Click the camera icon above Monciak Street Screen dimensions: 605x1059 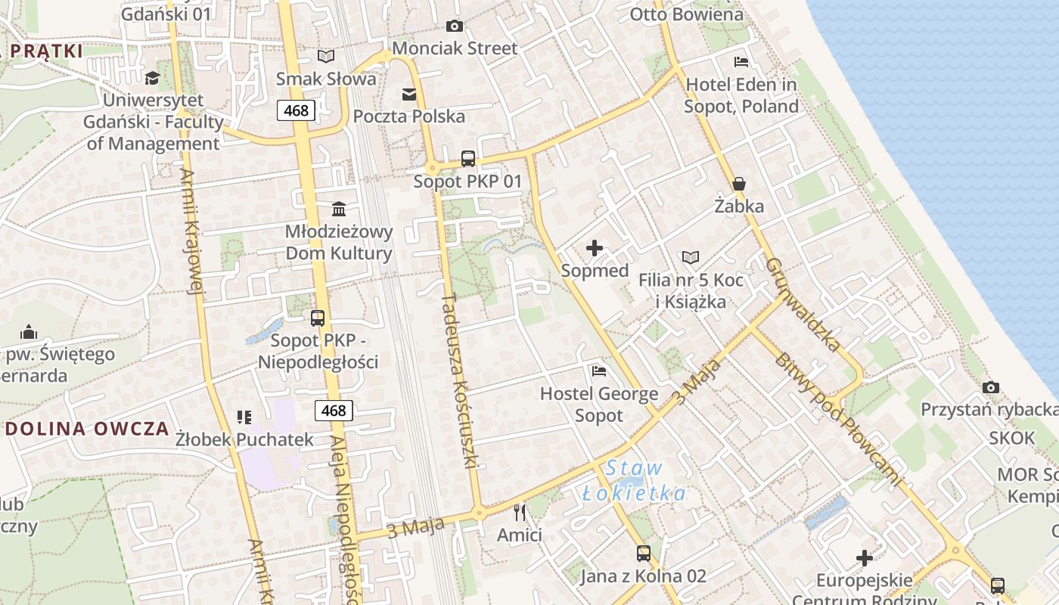[454, 26]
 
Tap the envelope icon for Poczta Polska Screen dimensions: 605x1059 [409, 94]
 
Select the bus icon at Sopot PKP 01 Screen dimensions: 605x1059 [468, 159]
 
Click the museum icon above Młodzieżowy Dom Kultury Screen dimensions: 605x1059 [339, 209]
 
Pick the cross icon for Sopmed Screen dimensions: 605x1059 [595, 248]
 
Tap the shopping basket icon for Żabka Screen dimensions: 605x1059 [739, 184]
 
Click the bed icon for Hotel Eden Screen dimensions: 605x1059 [741, 61]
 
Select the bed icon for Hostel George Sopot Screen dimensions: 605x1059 [599, 371]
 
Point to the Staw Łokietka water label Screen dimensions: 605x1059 [635, 482]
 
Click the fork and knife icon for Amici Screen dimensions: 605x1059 [520, 513]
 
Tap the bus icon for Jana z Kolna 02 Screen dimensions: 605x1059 [643, 554]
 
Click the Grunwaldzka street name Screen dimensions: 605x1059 [803, 304]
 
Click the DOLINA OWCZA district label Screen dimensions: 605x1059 [87, 429]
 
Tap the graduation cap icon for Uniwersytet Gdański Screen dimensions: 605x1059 [153, 78]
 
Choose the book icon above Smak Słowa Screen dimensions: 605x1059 [326, 56]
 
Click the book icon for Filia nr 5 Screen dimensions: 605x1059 [691, 258]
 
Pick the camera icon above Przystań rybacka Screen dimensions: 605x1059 [991, 388]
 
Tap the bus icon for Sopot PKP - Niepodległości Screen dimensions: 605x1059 [318, 318]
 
